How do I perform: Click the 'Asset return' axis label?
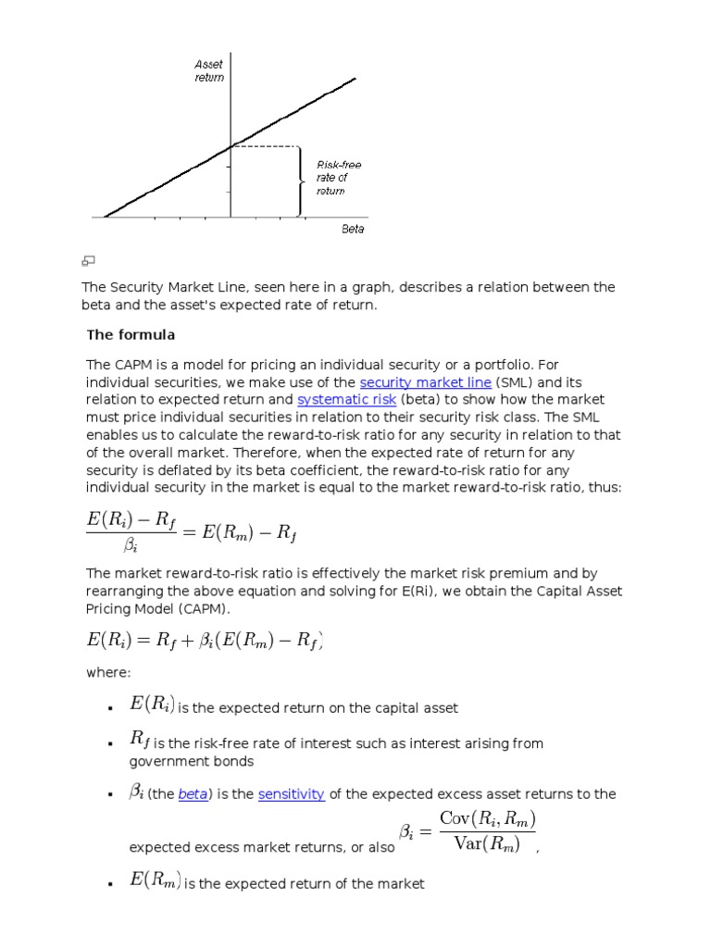208,71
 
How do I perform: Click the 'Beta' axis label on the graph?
353,229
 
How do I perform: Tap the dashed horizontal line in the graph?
265,146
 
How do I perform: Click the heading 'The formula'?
131,334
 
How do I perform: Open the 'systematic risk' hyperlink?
346,400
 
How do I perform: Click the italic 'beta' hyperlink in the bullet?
193,794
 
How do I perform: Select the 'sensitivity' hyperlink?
291,794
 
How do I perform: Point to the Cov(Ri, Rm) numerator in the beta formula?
487,818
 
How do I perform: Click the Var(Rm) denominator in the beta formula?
487,843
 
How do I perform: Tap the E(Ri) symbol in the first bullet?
152,705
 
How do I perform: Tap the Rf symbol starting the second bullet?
140,740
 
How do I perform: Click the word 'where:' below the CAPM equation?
108,673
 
